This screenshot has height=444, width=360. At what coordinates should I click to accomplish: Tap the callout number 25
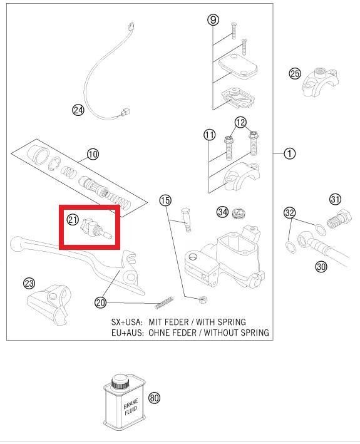click(x=295, y=73)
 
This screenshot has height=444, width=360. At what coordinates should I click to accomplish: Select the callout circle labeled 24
click(x=78, y=111)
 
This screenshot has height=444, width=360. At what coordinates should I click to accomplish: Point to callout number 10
click(x=92, y=154)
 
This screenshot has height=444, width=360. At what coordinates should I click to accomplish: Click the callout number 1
click(x=289, y=153)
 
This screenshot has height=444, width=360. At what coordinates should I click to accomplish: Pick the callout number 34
click(x=222, y=212)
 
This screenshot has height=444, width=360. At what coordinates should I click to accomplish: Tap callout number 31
click(x=335, y=200)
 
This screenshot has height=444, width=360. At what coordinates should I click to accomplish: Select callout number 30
click(x=321, y=267)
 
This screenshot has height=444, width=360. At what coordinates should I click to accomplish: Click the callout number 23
click(x=29, y=284)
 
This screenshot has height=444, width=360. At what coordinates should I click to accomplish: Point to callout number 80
click(x=155, y=398)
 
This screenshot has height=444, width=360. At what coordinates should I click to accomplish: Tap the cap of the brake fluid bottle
click(x=119, y=381)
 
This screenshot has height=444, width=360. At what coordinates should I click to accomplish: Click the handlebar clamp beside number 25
click(x=320, y=81)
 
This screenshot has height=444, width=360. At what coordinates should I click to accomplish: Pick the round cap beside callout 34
click(x=239, y=213)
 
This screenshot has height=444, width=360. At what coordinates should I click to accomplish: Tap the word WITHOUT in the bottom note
click(x=219, y=333)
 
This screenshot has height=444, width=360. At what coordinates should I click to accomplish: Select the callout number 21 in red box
click(x=73, y=220)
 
